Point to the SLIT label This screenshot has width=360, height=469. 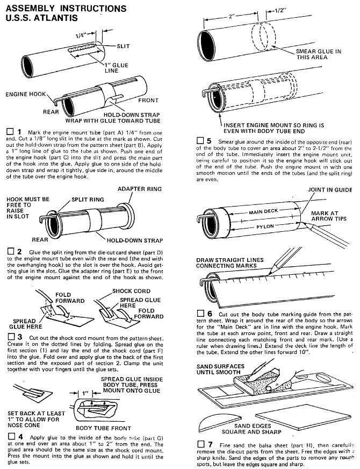point(123,46)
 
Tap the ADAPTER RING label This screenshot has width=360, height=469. point(136,190)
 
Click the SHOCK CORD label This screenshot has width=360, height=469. point(130,290)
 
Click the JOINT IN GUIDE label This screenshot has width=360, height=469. point(330,190)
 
